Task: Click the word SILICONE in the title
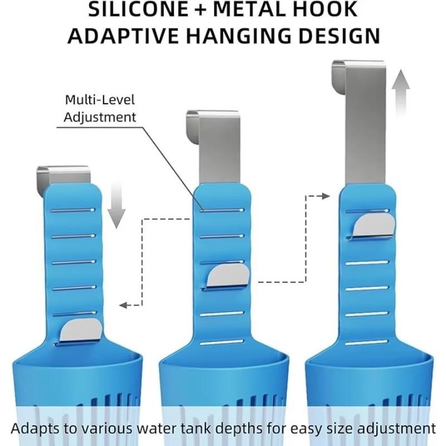[x=138, y=9]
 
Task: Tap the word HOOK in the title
[x=325, y=9]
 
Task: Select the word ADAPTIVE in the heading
[x=123, y=36]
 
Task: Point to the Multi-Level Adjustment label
[x=100, y=108]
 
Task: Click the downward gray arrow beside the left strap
[x=117, y=205]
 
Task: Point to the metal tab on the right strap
[x=374, y=225]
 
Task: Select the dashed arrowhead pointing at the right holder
[x=326, y=196]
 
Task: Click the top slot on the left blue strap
[x=73, y=210]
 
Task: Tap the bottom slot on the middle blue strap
[x=222, y=342]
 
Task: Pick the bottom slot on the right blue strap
[x=367, y=342]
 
